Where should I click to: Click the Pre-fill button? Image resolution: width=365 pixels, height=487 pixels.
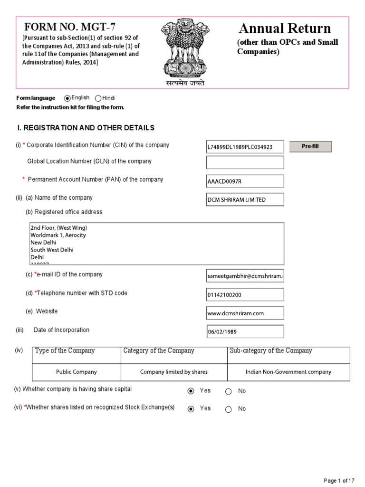310,146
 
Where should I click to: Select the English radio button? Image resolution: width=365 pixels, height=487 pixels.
67,98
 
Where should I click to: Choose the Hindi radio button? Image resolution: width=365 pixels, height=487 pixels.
98,98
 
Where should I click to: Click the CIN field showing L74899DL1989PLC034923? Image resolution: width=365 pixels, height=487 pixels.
245,147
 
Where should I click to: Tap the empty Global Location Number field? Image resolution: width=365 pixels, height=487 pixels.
245,162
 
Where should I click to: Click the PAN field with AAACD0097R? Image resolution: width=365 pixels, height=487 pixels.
245,181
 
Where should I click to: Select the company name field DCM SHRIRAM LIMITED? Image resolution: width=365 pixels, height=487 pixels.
245,200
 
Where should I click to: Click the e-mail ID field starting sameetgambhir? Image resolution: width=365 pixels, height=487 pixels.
245,276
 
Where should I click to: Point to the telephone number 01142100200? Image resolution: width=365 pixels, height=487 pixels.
245,295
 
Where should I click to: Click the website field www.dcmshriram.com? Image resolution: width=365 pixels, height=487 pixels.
245,313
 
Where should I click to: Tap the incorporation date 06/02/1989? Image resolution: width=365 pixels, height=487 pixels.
245,331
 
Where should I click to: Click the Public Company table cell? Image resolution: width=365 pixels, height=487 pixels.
76,372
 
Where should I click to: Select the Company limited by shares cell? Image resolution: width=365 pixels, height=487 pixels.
174,372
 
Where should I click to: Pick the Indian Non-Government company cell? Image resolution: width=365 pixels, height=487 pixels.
288,372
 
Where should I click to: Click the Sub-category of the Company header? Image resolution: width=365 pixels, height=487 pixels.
271,351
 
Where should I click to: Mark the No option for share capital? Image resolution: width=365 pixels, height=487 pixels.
229,391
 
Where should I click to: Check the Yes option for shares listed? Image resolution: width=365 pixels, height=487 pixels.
191,409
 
